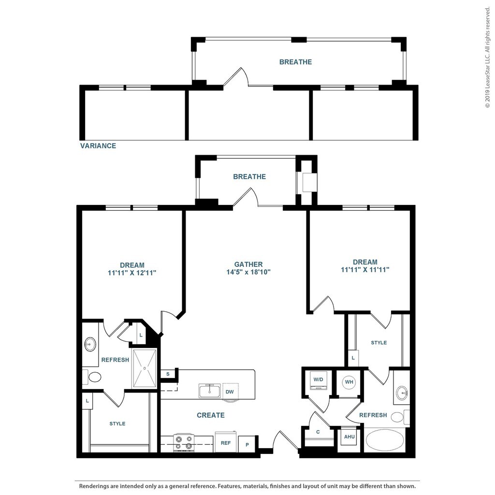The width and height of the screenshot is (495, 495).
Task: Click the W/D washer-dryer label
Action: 318,379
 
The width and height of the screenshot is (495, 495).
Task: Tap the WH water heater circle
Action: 349,382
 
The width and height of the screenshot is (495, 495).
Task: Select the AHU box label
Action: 349,437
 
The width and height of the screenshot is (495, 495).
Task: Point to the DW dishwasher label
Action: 230,392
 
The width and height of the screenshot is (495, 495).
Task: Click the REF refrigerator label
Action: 226,443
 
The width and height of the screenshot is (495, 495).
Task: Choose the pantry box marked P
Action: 247,444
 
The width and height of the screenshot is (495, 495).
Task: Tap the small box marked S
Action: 168,374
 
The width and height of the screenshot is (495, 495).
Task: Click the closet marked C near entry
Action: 318,432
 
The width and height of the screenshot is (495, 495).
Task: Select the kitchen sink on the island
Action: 210,391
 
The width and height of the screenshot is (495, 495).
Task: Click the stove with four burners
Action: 184,442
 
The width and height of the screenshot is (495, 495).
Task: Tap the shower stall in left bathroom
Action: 144,368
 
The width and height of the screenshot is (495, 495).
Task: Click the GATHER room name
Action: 248,264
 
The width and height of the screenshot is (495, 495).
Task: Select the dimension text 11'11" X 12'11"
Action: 132,273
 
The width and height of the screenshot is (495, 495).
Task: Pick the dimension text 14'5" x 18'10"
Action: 248,272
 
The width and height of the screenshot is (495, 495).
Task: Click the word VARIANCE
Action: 98,146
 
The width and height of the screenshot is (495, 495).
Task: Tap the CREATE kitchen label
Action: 211,415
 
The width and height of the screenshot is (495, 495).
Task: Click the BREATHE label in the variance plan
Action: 295,62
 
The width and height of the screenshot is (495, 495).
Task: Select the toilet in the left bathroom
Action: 92,377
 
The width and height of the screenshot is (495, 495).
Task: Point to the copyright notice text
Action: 488,58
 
